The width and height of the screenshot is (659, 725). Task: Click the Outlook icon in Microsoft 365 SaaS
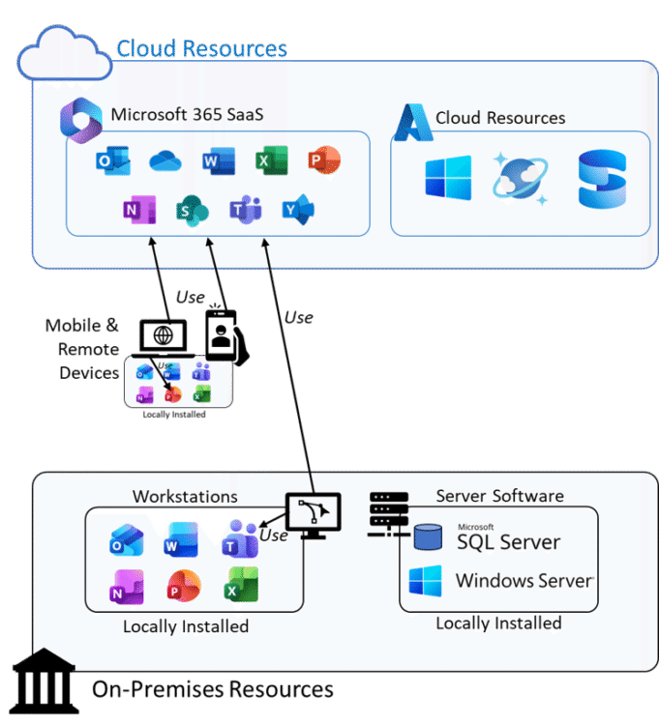113,161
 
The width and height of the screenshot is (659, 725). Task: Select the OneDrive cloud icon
165,161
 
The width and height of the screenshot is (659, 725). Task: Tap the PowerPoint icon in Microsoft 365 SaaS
323,160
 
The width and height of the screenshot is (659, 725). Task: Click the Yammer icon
297,209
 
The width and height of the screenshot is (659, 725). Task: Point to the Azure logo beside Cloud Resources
412,119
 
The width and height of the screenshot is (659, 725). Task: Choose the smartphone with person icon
223,334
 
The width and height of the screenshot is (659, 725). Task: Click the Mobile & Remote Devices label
83,349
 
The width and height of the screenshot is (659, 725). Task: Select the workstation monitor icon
312,513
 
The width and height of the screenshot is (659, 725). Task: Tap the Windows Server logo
425,581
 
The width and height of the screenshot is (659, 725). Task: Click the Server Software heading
499,496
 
